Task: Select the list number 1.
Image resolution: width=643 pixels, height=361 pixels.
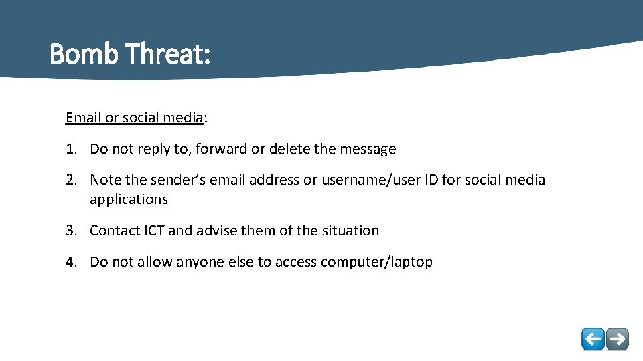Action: tap(71, 149)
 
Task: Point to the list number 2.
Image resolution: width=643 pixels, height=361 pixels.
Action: tap(71, 180)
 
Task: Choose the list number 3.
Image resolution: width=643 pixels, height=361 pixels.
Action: tap(71, 231)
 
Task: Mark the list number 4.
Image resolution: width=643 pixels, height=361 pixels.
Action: tap(71, 262)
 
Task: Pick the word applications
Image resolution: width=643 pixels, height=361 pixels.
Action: tap(129, 199)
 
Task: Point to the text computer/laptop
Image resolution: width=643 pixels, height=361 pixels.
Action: tap(376, 262)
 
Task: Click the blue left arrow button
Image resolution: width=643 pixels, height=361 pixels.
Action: tap(593, 339)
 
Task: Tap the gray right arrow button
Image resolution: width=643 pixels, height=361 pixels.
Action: tap(617, 339)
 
